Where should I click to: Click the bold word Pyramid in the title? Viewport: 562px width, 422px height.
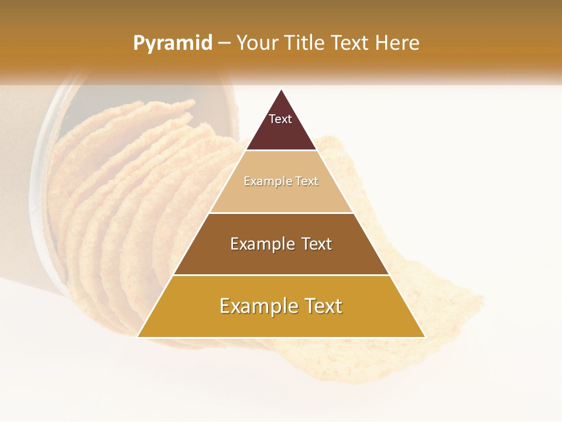pyautogui.click(x=172, y=43)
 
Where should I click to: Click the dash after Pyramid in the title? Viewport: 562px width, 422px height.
pyautogui.click(x=224, y=43)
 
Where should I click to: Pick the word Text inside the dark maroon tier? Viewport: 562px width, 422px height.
pyautogui.click(x=280, y=119)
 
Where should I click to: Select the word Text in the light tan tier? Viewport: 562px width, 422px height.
pyautogui.click(x=307, y=182)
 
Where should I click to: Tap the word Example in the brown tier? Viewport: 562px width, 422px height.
pyautogui.click(x=262, y=244)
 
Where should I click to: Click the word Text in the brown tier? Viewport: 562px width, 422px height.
pyautogui.click(x=316, y=244)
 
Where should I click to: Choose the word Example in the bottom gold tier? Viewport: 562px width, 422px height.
pyautogui.click(x=258, y=306)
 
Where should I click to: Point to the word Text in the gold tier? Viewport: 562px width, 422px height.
pyautogui.click(x=323, y=306)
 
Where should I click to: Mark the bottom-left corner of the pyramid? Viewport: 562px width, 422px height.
pyautogui.click(x=138, y=337)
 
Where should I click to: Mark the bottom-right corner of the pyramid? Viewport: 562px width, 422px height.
pyautogui.click(x=424, y=337)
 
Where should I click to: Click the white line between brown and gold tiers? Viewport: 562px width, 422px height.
pyautogui.click(x=281, y=275)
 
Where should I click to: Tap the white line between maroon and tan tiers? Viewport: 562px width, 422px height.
pyautogui.click(x=281, y=151)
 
